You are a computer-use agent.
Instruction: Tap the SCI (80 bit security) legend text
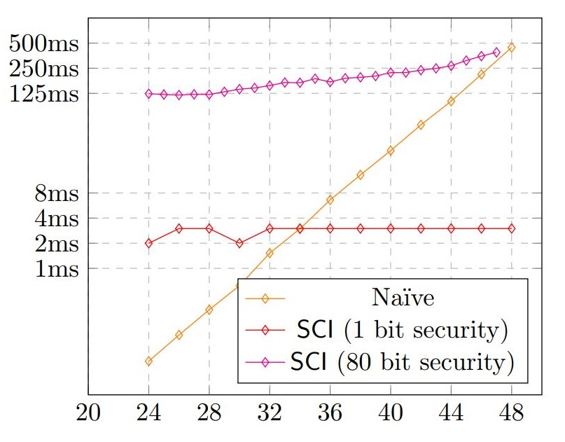[x=401, y=362]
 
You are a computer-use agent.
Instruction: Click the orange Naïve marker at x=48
[x=511, y=47]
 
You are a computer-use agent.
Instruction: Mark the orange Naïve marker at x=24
[x=148, y=361]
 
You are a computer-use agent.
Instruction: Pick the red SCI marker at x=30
[x=239, y=243]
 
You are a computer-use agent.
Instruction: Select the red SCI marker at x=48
[x=511, y=228]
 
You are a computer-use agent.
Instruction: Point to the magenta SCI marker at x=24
[x=148, y=94]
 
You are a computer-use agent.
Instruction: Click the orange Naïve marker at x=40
[x=391, y=151]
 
